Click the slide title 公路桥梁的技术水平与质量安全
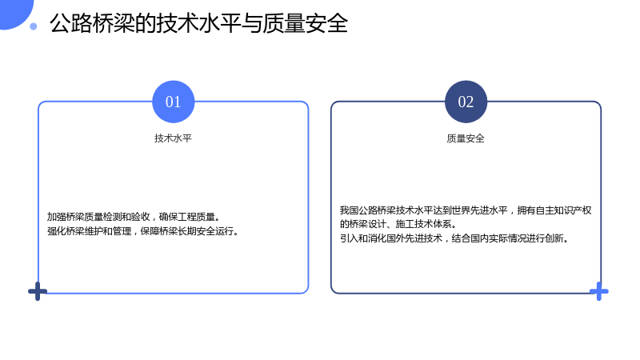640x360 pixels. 198,23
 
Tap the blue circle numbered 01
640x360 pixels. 174,102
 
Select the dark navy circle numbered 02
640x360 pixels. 466,102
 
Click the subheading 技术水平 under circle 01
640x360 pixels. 173,138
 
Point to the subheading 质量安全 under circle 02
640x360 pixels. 466,138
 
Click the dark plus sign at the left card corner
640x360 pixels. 38,291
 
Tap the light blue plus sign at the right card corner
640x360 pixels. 598,291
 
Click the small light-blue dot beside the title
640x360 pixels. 34,26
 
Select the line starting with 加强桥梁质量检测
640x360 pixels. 134,217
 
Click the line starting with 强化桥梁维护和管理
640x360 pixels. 143,231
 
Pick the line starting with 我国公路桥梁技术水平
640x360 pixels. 466,210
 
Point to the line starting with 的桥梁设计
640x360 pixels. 398,224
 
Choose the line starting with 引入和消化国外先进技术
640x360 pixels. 454,238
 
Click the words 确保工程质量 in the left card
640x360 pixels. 187,217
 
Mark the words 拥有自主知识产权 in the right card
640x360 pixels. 554,210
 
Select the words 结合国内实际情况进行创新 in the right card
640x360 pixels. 507,238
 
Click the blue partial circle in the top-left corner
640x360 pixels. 14,12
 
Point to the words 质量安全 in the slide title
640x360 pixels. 306,23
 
